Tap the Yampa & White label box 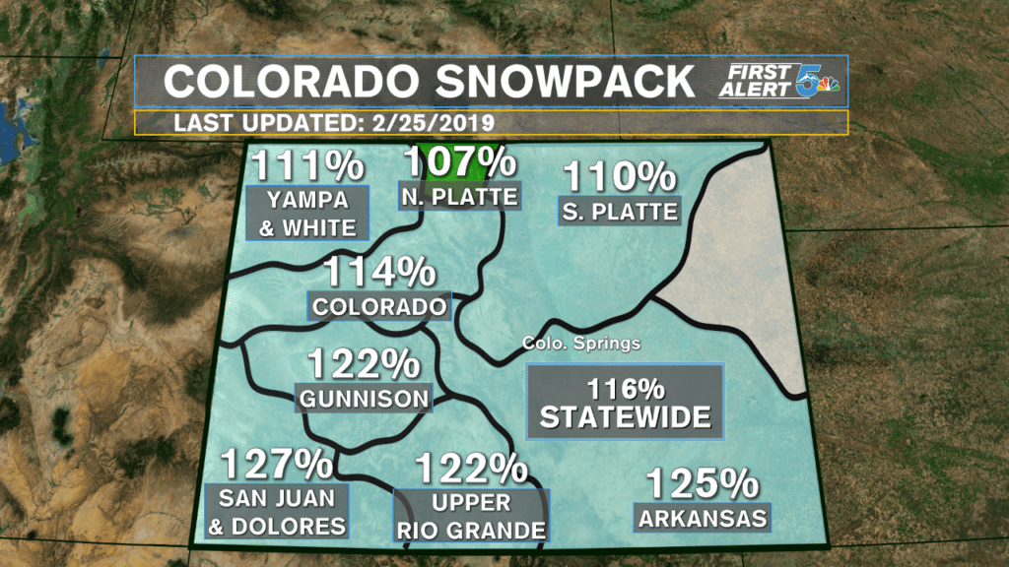pos(310,214)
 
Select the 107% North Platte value pos(460,161)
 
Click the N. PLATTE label pos(459,197)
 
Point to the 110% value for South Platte pos(620,177)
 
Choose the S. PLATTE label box pos(620,211)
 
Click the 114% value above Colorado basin pos(380,272)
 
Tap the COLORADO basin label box pos(379,306)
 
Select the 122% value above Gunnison pos(364,365)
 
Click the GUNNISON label pos(365,399)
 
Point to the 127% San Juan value pos(275,463)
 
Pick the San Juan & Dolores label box pos(276,512)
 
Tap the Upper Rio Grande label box pos(470,517)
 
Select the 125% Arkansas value pos(703,484)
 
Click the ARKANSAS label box pos(703,518)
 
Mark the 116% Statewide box pos(625,402)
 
